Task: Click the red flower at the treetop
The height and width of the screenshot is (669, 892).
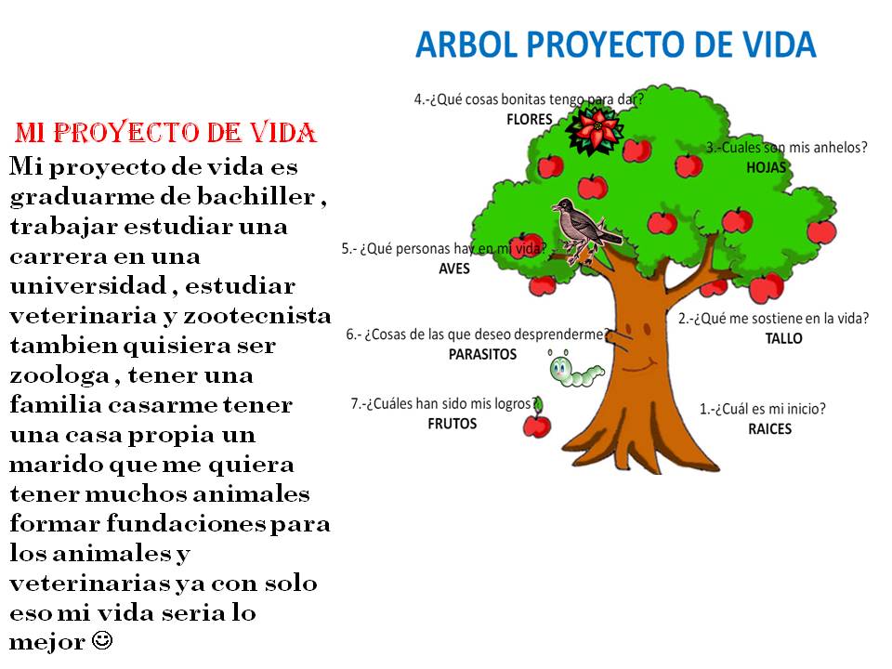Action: tap(597, 129)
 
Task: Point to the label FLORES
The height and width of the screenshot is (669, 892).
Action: tap(530, 119)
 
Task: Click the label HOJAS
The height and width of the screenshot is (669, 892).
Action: tap(767, 167)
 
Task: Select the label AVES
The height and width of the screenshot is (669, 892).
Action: tap(454, 269)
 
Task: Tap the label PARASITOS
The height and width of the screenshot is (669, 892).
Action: tap(482, 355)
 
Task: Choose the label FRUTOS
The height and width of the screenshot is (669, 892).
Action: tap(453, 424)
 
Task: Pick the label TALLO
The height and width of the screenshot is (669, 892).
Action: tap(783, 338)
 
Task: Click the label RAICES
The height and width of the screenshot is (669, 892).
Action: tap(770, 428)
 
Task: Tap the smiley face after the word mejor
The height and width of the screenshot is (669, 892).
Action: tap(103, 640)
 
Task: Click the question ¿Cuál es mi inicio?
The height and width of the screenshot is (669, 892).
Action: tap(762, 408)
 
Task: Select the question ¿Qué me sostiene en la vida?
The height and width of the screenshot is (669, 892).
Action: tap(774, 318)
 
